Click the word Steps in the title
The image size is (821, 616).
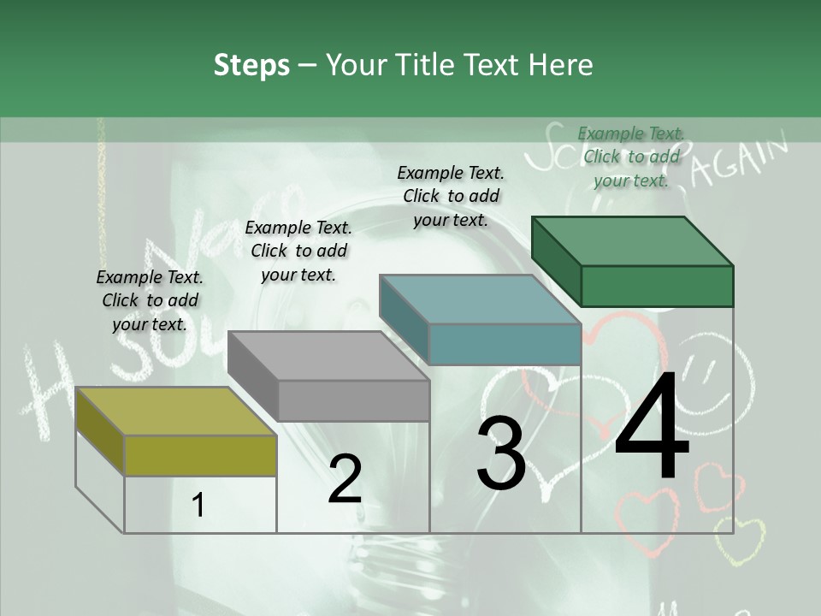[x=251, y=65]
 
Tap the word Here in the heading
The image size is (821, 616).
[x=560, y=65]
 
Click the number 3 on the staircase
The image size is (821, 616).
[x=501, y=453]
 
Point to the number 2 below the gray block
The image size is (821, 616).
[x=345, y=479]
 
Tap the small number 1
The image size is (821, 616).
[x=198, y=505]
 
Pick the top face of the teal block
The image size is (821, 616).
[x=480, y=299]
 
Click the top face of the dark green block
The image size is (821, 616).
[x=632, y=240]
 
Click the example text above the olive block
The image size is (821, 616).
[x=150, y=300]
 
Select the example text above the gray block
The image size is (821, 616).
[x=298, y=251]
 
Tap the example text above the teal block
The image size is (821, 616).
[x=451, y=196]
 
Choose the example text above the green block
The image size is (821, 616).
[x=631, y=157]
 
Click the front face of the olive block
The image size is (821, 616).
[x=200, y=455]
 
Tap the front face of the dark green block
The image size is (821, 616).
[x=657, y=286]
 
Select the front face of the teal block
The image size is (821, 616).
[x=505, y=344]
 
